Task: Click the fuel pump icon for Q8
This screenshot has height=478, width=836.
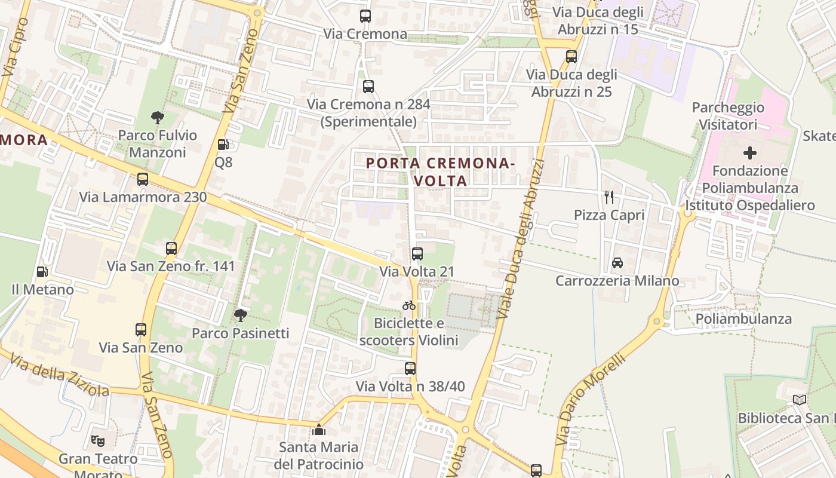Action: [x=223, y=144]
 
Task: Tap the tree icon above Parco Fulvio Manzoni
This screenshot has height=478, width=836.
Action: [x=158, y=117]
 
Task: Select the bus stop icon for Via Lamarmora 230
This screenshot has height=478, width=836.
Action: [x=143, y=179]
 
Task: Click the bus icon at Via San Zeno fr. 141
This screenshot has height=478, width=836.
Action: [x=171, y=248]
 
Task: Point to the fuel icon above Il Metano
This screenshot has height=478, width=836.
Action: [x=42, y=272]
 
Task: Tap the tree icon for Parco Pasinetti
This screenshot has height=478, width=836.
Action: [x=241, y=315]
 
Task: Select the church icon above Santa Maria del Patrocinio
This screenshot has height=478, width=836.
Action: [x=319, y=430]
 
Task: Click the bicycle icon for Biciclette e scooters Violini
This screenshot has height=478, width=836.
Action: [x=409, y=305]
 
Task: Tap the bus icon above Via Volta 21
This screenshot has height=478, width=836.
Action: [x=417, y=254]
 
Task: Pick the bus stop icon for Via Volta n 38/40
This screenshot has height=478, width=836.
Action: [x=410, y=368]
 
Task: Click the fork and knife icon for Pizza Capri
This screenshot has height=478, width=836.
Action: [x=609, y=197]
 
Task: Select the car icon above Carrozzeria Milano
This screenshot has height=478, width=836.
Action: [x=617, y=262]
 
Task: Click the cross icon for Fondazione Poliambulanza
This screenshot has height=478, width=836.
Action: [x=750, y=152]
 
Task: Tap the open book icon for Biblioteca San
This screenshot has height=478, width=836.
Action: [x=800, y=400]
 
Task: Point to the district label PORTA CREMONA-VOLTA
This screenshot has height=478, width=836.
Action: [x=439, y=171]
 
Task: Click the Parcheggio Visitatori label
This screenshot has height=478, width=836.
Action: [x=728, y=116]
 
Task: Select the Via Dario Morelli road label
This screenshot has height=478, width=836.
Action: [x=591, y=399]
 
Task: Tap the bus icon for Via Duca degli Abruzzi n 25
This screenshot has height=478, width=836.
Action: [x=571, y=57]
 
